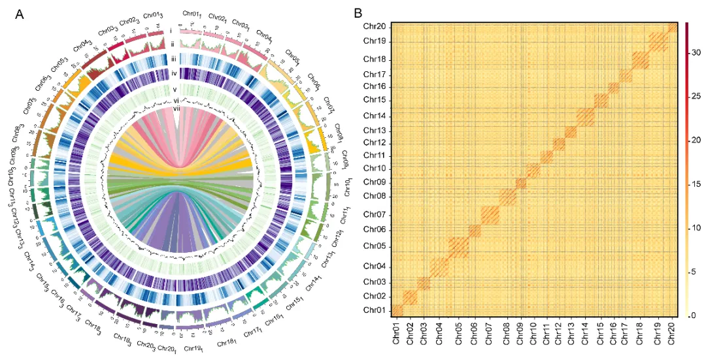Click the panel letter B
pos(358,12)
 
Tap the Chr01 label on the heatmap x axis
pos(397,333)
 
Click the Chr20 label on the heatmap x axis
pos(673,333)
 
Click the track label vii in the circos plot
pos(176,109)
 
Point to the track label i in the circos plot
pos(171,30)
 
